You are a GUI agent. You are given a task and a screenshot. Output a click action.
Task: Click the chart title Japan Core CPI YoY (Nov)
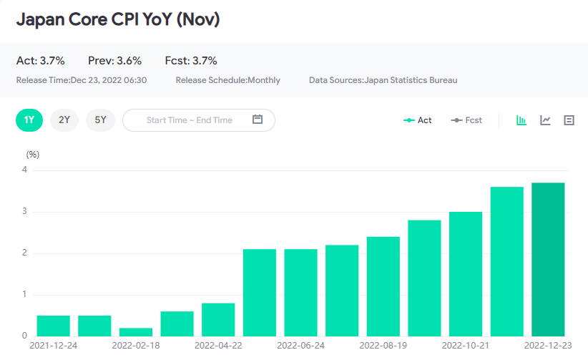(117, 19)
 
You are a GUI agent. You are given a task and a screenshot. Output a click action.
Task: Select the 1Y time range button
(29, 120)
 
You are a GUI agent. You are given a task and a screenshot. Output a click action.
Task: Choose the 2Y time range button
(64, 120)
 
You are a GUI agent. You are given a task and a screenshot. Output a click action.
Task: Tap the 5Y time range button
(100, 120)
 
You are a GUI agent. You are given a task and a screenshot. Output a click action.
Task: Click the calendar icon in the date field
(258, 120)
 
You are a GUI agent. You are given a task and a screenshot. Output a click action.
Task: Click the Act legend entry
(418, 120)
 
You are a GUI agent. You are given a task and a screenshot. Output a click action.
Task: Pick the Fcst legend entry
(466, 120)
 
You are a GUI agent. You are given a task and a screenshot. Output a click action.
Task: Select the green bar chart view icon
(522, 120)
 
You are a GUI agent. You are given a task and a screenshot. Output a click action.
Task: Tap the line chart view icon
(545, 120)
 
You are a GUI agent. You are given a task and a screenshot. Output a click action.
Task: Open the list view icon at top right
(569, 120)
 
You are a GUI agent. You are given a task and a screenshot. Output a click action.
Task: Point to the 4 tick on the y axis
(24, 170)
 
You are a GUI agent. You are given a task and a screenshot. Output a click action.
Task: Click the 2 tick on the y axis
(24, 253)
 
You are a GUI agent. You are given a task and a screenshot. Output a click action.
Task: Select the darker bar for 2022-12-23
(548, 259)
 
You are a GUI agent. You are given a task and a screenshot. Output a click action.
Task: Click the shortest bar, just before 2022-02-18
(136, 331)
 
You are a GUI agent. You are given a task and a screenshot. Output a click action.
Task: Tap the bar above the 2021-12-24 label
(54, 326)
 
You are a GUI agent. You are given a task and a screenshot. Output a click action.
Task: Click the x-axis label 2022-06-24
(300, 346)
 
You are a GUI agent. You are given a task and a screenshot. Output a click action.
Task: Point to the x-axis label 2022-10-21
(465, 346)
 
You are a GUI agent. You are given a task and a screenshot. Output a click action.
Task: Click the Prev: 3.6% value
(114, 61)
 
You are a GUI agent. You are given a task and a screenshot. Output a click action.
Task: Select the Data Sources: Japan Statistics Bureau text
(383, 80)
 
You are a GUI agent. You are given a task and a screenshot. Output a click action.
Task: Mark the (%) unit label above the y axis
(33, 154)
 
